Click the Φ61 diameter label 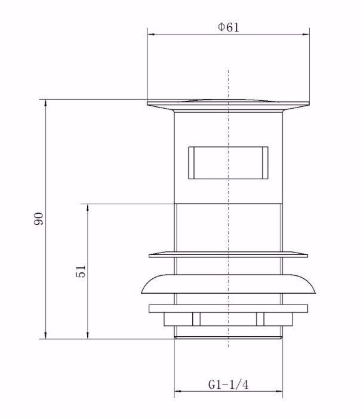pos(229,27)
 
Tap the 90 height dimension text pos(38,219)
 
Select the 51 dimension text pos(82,271)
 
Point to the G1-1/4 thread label pos(227,385)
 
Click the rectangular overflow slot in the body pos(227,162)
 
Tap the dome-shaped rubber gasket pos(228,285)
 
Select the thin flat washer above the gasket pos(228,254)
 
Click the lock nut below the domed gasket pos(228,313)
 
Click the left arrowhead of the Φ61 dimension pos(150,35)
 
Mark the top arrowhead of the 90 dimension pos(46,102)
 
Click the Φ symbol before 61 pos(221,27)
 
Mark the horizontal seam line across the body pos(228,204)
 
